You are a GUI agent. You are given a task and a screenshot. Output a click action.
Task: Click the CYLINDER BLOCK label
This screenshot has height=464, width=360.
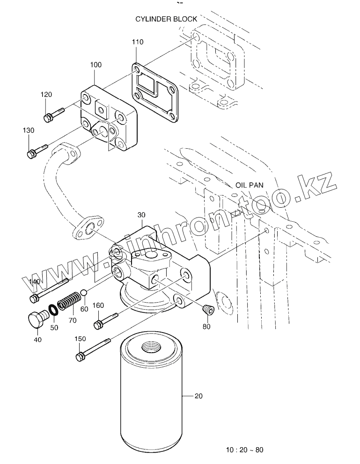point(166,19)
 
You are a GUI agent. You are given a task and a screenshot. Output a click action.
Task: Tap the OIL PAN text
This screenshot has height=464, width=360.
point(250,185)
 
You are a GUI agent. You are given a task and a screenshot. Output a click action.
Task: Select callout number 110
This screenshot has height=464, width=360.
point(137,42)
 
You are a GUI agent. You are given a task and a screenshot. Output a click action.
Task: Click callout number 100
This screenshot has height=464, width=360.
point(96,65)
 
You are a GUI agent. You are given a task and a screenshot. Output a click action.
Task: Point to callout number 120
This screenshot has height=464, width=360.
point(46,95)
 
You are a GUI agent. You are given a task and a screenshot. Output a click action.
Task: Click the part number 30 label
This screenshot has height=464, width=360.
point(142,215)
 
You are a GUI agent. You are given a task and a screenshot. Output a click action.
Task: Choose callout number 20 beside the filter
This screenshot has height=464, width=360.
point(198,396)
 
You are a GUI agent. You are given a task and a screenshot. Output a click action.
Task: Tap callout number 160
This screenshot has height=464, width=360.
point(98,305)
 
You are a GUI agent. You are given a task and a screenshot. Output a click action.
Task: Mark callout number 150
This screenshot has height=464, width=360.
point(81,338)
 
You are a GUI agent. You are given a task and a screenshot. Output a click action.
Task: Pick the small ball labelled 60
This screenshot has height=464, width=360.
point(83,293)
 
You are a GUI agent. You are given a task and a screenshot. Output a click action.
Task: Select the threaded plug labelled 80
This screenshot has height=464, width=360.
point(207,309)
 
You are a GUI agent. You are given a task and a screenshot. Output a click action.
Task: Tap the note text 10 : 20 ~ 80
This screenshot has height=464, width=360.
point(244,450)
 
